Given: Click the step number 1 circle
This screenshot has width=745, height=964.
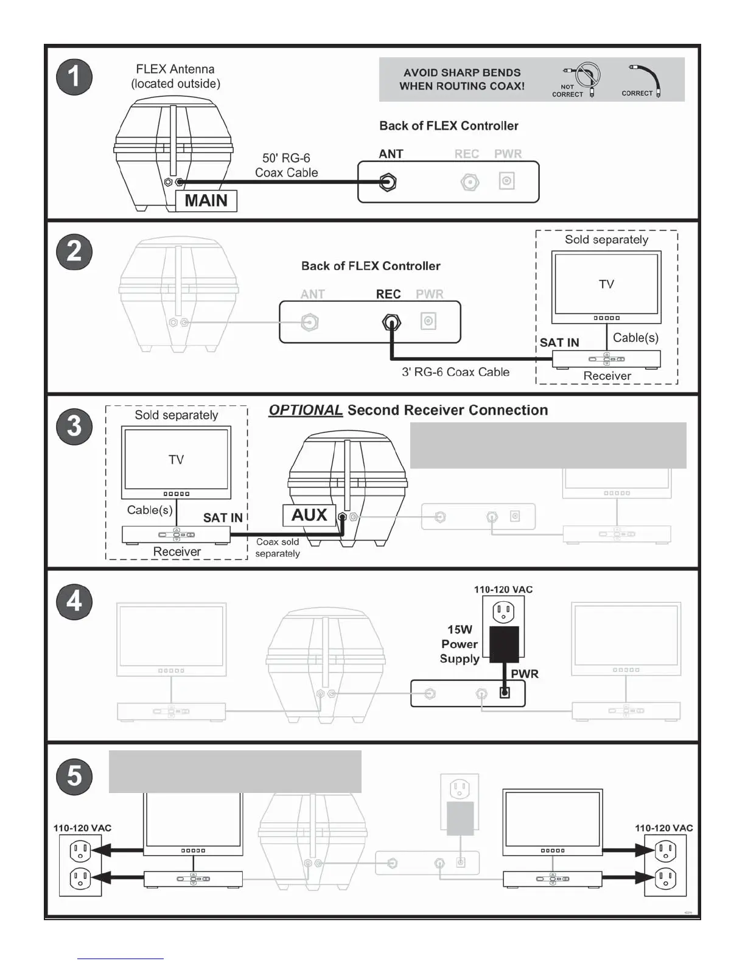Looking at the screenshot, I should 74,77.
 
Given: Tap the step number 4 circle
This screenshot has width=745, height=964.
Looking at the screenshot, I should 74,601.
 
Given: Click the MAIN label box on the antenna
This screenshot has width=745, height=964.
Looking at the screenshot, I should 206,201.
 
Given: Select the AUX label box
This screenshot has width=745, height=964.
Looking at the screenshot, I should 309,515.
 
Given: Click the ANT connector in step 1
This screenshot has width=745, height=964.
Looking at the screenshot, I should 388,182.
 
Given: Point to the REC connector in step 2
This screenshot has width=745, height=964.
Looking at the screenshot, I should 391,323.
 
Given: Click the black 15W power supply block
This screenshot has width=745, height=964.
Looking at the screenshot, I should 505,644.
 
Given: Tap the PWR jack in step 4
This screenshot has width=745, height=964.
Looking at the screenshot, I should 505,693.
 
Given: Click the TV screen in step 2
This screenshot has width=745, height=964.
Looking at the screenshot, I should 606,284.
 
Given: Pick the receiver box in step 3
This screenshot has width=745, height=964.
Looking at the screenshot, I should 177,535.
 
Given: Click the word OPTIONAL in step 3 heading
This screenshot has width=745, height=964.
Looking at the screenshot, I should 306,410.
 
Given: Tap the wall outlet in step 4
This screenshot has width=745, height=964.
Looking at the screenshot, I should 503,611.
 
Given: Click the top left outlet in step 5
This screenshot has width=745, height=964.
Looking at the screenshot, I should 80,850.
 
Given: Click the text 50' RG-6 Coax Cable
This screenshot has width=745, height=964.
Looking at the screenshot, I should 286,166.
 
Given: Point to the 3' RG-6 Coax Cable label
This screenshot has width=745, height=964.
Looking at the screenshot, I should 455,372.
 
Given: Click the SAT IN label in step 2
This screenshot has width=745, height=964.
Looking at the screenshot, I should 559,343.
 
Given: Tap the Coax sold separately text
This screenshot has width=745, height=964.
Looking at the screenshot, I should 278,548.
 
